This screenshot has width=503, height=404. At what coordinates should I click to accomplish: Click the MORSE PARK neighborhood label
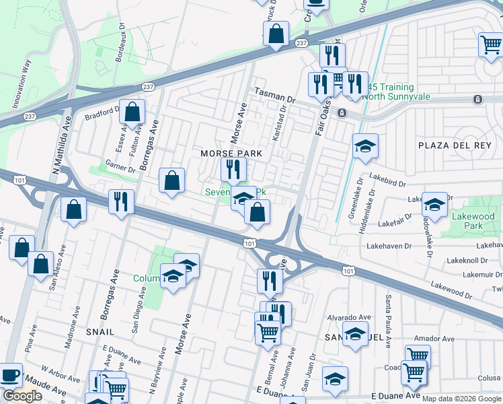tap(231, 154)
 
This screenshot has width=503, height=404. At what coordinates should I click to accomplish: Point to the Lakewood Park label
tap(473, 222)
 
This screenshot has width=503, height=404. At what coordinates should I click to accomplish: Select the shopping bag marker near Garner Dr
tap(172, 180)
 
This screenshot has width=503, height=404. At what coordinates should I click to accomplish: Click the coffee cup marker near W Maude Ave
tap(10, 375)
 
